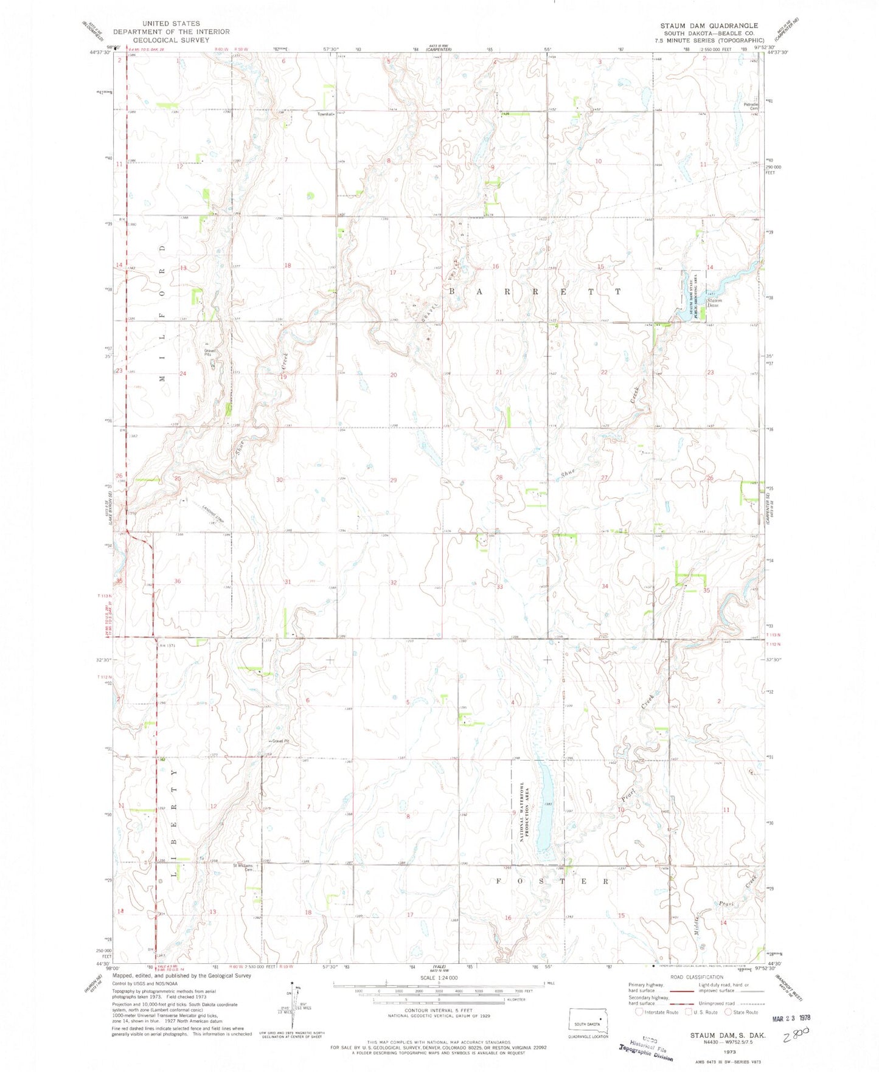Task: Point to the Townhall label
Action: click(325, 114)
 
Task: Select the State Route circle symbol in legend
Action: click(731, 1012)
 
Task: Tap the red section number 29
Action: click(394, 480)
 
